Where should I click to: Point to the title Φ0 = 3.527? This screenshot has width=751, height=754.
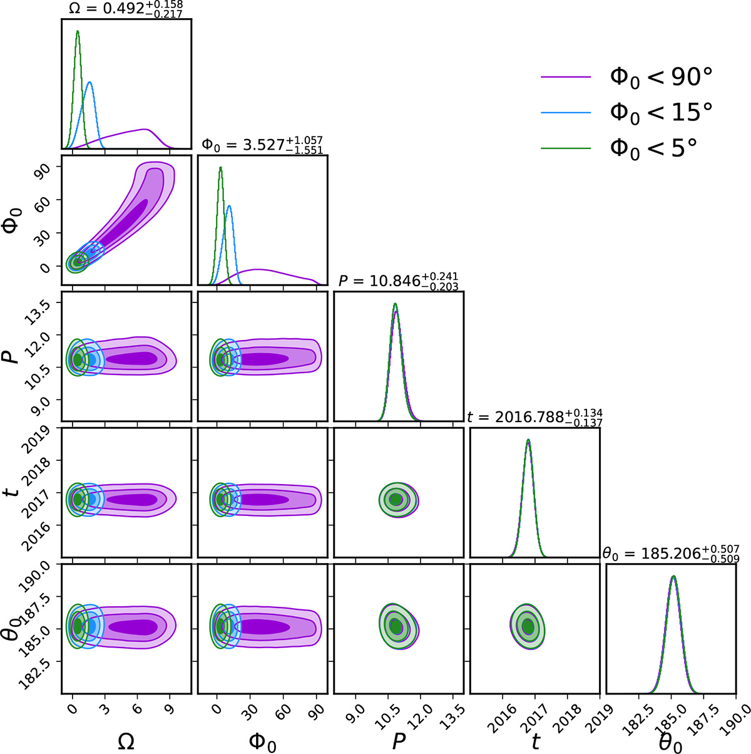pyautogui.click(x=262, y=145)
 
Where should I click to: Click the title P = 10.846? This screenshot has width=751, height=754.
pyautogui.click(x=398, y=281)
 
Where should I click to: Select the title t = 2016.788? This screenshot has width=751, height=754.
pyautogui.click(x=534, y=418)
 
